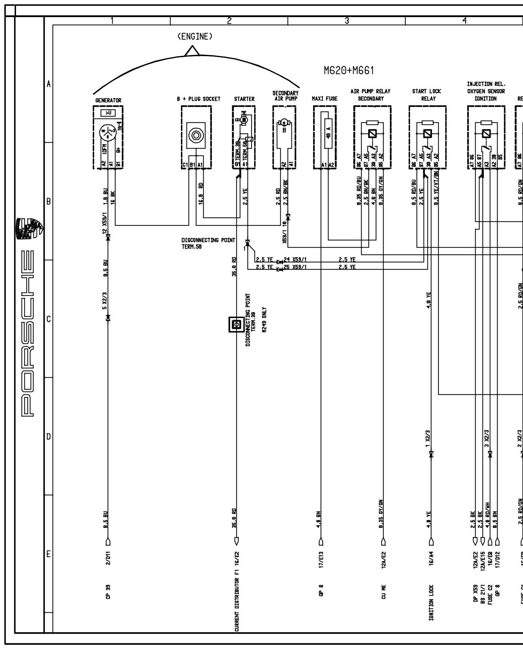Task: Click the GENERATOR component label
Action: point(108,100)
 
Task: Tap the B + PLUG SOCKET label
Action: point(198,99)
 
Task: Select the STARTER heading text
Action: point(244,99)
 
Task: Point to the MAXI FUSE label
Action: point(324,99)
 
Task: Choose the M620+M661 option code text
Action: point(349,71)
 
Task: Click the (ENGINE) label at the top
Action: point(195,37)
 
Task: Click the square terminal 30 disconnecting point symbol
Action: point(236,325)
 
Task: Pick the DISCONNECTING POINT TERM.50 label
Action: point(208,243)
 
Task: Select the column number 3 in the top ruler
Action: point(347,21)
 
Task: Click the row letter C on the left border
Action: point(48,319)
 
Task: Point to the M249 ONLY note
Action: point(265,320)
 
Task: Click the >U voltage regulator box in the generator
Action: point(107,113)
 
